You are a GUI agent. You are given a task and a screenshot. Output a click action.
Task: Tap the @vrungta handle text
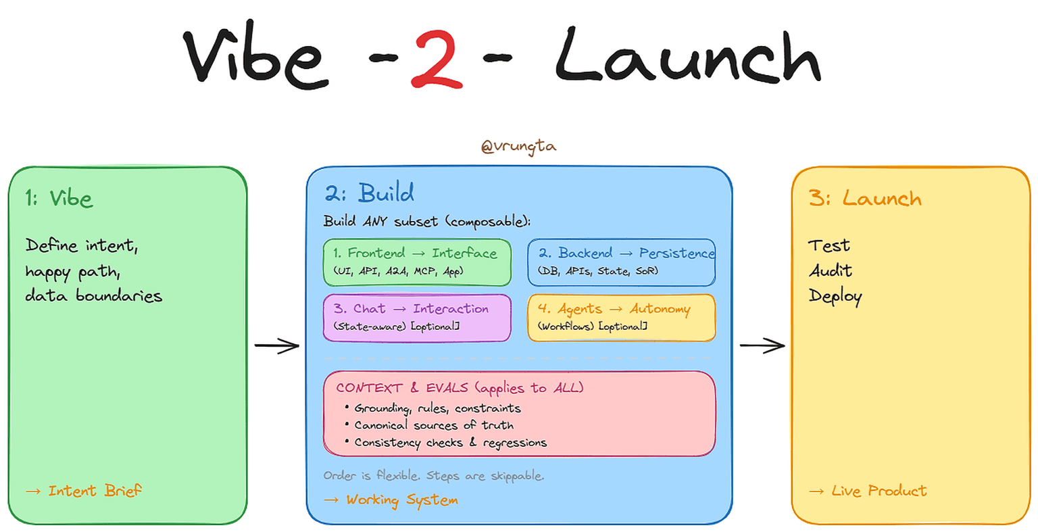point(518,146)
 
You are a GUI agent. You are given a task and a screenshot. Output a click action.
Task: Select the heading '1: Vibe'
point(59,199)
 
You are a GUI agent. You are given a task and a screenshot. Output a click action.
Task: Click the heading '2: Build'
point(369,193)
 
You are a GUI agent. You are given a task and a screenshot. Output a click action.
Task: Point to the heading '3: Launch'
point(865,199)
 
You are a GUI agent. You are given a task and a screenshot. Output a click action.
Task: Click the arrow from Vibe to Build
point(276,345)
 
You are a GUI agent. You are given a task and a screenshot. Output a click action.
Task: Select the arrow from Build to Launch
point(762,345)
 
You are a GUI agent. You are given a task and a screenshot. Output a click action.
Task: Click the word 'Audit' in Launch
point(831,270)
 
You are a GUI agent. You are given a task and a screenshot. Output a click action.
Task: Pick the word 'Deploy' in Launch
point(835,297)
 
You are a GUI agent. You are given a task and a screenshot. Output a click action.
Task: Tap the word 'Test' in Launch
point(829,245)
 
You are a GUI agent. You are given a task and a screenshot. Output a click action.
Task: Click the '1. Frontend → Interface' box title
point(415,253)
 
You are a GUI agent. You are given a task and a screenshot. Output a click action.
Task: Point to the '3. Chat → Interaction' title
point(411,309)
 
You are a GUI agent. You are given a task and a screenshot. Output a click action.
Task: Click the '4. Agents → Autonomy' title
point(614,309)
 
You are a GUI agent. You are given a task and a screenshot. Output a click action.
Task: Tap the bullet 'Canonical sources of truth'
point(434,425)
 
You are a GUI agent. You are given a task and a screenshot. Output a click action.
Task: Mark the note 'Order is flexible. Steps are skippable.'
point(434,476)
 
